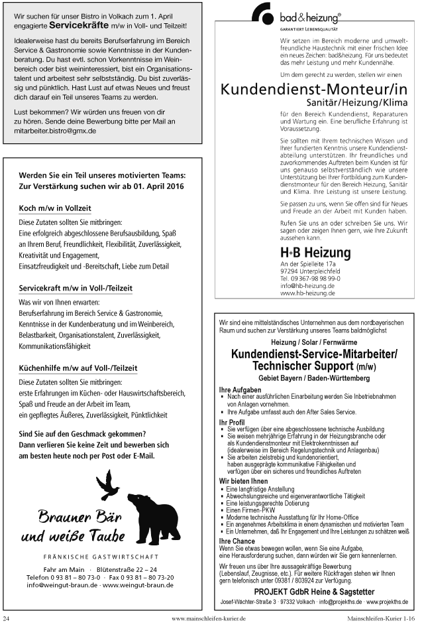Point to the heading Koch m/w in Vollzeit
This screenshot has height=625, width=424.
(55, 208)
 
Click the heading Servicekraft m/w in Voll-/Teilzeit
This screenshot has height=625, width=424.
(76, 288)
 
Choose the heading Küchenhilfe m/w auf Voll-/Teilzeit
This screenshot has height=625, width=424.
(78, 368)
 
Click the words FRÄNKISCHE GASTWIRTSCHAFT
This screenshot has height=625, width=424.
(100, 556)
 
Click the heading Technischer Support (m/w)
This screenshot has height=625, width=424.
(313, 366)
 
